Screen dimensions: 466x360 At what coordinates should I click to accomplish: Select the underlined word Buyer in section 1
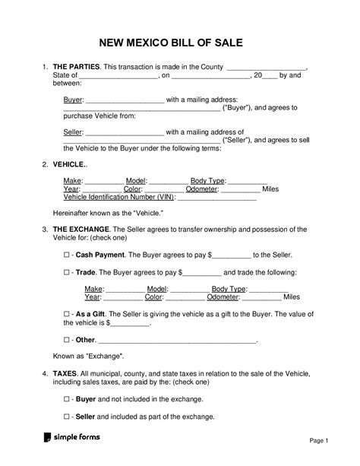(x=71, y=99)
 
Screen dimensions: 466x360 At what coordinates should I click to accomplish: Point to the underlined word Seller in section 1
(x=72, y=132)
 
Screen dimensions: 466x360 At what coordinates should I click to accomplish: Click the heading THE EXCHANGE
(x=81, y=229)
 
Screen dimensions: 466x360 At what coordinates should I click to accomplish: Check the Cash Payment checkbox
(x=67, y=255)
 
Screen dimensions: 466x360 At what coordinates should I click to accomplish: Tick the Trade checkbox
(x=67, y=272)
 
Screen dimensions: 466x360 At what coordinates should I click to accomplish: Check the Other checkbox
(x=67, y=339)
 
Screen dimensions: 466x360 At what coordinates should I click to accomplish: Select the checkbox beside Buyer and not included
(x=67, y=398)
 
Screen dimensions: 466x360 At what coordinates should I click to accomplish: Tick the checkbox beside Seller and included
(x=67, y=417)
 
